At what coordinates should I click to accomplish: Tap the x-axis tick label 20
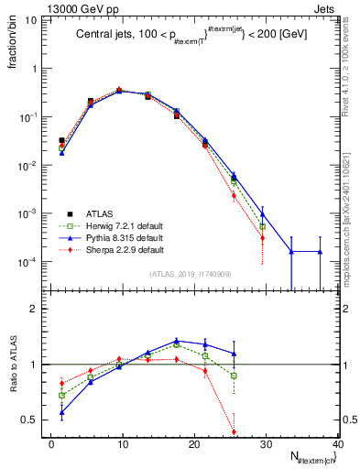coord(194,444)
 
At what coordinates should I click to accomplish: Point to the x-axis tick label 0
coord(51,444)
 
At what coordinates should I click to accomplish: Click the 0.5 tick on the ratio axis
coord(35,420)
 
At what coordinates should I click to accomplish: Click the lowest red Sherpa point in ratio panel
coord(234,431)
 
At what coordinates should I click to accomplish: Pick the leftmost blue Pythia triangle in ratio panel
coord(61,412)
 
